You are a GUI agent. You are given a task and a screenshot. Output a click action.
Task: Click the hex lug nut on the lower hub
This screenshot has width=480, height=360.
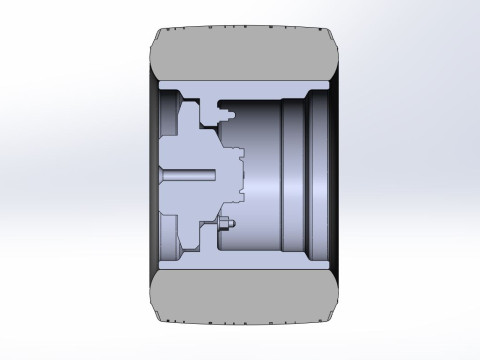(225, 224)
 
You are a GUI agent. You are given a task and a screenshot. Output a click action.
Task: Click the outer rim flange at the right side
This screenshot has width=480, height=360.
(316, 178)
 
